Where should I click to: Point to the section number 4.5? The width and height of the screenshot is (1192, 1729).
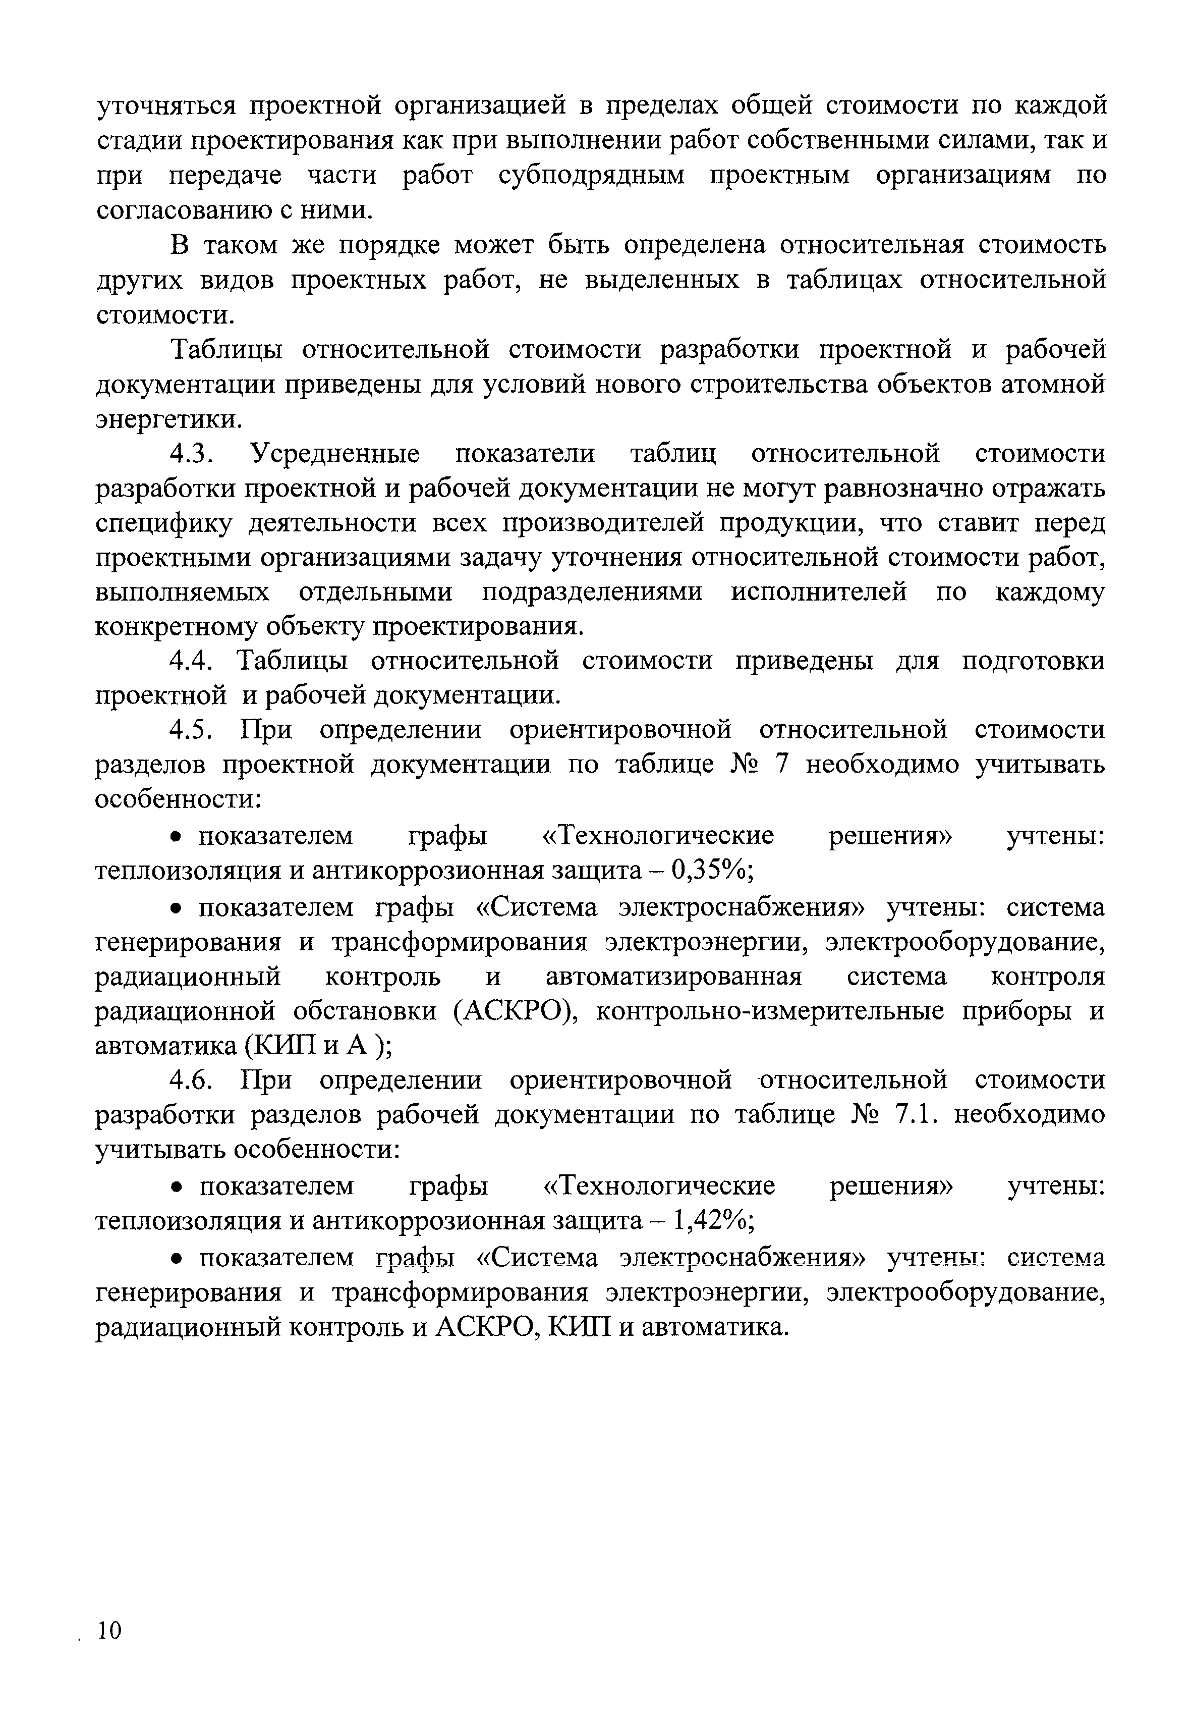[x=193, y=730]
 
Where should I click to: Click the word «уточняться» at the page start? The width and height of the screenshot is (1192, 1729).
[x=166, y=106]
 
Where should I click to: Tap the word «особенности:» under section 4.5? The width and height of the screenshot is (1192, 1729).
[x=179, y=799]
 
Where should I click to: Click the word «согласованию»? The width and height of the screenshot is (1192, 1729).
[x=183, y=211]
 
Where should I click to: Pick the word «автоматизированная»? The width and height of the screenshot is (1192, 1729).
[x=673, y=977]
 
